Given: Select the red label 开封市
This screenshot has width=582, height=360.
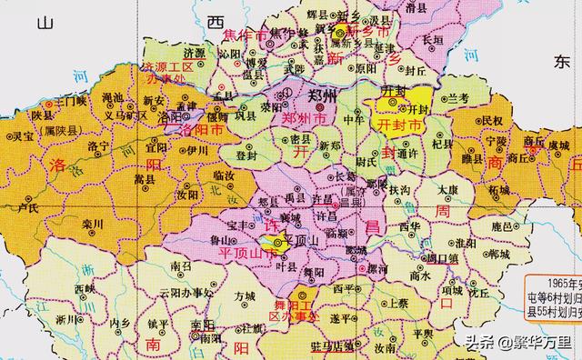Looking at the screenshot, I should click(x=400, y=122).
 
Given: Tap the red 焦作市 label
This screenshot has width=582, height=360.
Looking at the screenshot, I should click(x=248, y=35).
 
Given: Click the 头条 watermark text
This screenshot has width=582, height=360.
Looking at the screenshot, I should click(x=482, y=343).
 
